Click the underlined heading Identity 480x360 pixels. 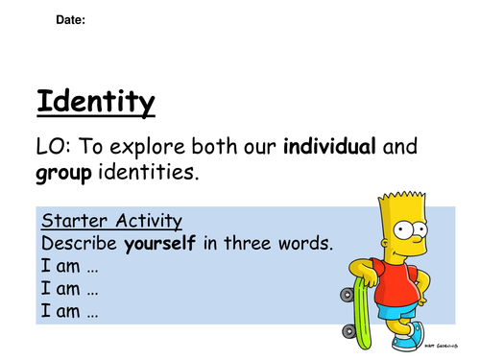pyautogui.click(x=94, y=101)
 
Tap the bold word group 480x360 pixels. pyautogui.click(x=64, y=175)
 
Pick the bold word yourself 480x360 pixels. pyautogui.click(x=156, y=244)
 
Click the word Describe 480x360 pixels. pyautogui.click(x=77, y=244)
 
